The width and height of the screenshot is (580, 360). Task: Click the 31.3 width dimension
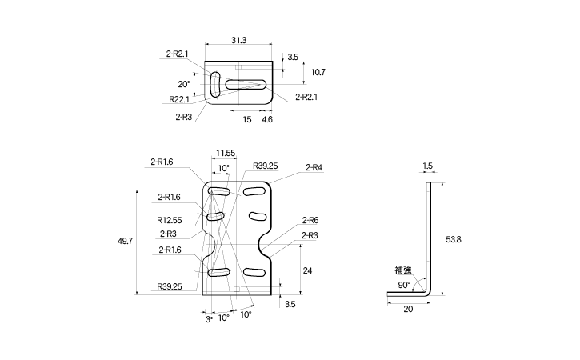238,40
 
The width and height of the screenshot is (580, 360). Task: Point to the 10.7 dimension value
318,72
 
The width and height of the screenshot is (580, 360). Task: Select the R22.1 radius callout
179,99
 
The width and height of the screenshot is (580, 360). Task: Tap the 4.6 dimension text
267,119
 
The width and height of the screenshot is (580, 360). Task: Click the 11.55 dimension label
226,153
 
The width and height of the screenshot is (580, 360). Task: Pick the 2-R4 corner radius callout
314,168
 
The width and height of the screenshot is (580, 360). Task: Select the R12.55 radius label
170,221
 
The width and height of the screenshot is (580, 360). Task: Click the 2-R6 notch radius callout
310,221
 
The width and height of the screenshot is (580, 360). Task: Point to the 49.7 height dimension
125,242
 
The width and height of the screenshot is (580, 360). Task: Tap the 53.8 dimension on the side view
454,240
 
